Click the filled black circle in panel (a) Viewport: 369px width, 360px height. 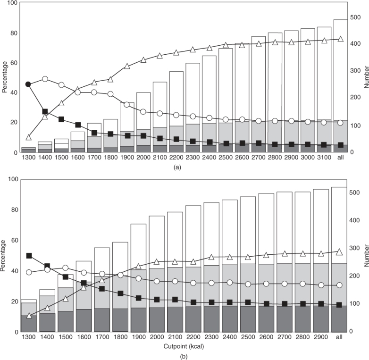click(x=28, y=84)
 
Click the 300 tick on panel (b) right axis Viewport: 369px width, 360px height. click(x=354, y=248)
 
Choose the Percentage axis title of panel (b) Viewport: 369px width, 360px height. click(x=4, y=256)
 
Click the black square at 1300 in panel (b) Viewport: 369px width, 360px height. click(x=29, y=256)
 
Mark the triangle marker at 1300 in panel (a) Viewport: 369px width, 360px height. click(x=28, y=137)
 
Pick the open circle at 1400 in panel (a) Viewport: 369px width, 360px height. click(x=45, y=79)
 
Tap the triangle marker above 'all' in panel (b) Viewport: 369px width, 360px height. click(x=339, y=252)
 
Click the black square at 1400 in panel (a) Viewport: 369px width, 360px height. click(x=45, y=112)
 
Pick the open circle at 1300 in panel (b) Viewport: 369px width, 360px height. click(x=29, y=272)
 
